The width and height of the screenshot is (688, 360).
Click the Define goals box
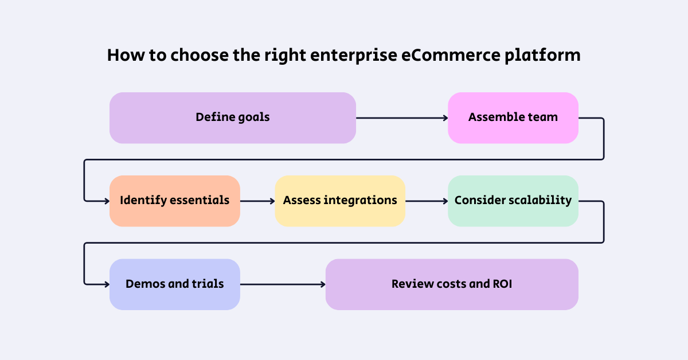pos(232,118)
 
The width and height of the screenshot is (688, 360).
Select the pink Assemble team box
pos(513,118)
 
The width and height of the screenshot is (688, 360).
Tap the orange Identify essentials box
pos(174,201)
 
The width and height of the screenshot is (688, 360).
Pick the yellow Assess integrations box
pos(340,201)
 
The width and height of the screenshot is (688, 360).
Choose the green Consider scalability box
pos(513,201)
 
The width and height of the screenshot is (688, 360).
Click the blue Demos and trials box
pos(174,284)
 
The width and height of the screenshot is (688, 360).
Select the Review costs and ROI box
pos(452,284)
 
